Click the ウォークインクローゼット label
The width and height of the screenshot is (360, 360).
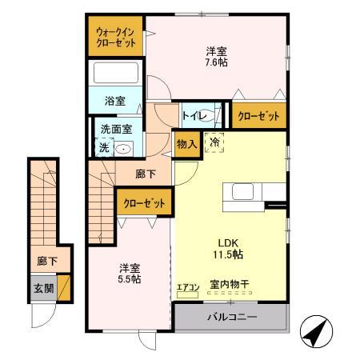point(115,37)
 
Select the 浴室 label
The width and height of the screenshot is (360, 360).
point(115,102)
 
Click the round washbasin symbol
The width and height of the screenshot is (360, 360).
point(124,148)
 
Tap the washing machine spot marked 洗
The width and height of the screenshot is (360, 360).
point(103,146)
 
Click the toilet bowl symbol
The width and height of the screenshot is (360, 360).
point(209,115)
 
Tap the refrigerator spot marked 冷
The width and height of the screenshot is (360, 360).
point(214,142)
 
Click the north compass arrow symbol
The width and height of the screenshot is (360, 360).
point(314,329)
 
